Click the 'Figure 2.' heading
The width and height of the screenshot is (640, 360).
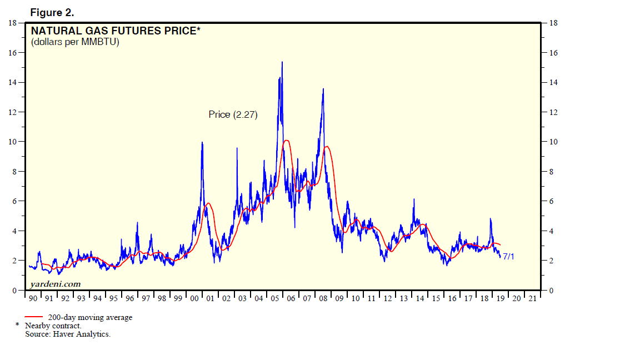tap(52, 12)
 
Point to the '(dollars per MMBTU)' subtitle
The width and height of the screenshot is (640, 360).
tap(75, 42)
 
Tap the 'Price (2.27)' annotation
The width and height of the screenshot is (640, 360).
tap(233, 114)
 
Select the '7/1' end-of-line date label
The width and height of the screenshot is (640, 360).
tap(508, 257)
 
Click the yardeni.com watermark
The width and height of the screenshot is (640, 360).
tap(52, 284)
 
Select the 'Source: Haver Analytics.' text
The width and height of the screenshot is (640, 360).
tap(67, 334)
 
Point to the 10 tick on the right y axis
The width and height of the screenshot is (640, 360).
tap(553, 142)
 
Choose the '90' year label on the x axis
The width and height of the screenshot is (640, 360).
tap(33, 299)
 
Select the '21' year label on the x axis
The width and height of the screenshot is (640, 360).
tap(532, 299)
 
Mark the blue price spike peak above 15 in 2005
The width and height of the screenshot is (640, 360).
tap(282, 62)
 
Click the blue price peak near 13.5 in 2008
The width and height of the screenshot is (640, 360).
tap(323, 89)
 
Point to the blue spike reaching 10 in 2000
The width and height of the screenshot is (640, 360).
tap(202, 142)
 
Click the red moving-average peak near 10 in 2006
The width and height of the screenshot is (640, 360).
tap(286, 141)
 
